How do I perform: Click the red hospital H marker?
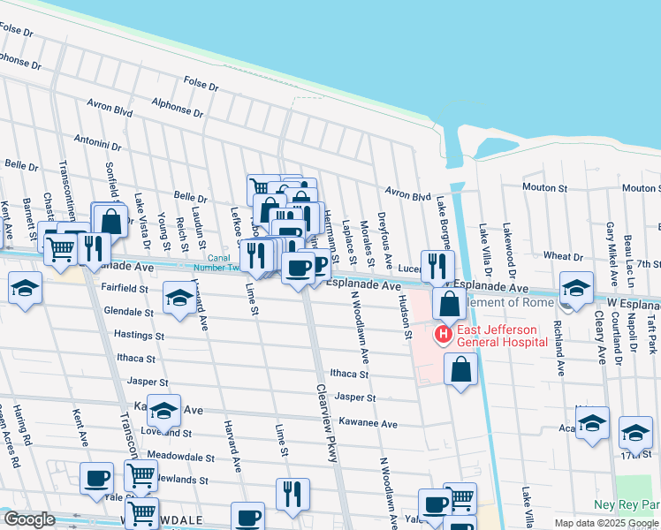point(442,335)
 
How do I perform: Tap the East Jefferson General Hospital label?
point(503,335)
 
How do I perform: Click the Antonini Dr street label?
point(96,141)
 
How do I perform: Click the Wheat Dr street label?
point(563,255)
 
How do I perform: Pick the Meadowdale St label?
point(180,457)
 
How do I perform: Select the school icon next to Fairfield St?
point(179,298)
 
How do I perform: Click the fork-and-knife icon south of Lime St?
point(293,493)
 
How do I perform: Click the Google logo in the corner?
point(29,519)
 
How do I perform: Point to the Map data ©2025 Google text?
point(605,523)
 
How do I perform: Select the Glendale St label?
point(129,312)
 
